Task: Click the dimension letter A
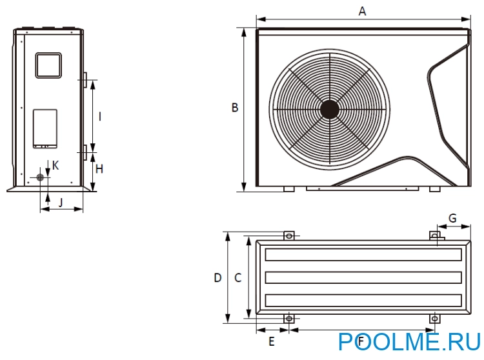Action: click(362, 11)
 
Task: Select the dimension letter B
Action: click(235, 107)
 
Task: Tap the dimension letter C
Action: click(237, 277)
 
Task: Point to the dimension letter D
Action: click(217, 277)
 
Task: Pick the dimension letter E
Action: click(272, 341)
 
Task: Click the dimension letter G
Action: click(452, 218)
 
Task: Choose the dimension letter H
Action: click(99, 169)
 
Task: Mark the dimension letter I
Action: click(99, 117)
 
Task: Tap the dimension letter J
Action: click(61, 203)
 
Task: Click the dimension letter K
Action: click(55, 166)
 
